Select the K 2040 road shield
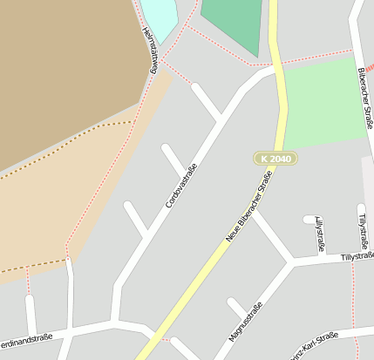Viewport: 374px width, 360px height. click(276, 159)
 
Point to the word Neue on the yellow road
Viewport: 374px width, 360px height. click(233, 233)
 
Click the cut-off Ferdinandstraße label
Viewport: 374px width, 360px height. click(26, 339)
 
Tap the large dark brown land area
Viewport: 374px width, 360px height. click(61, 70)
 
